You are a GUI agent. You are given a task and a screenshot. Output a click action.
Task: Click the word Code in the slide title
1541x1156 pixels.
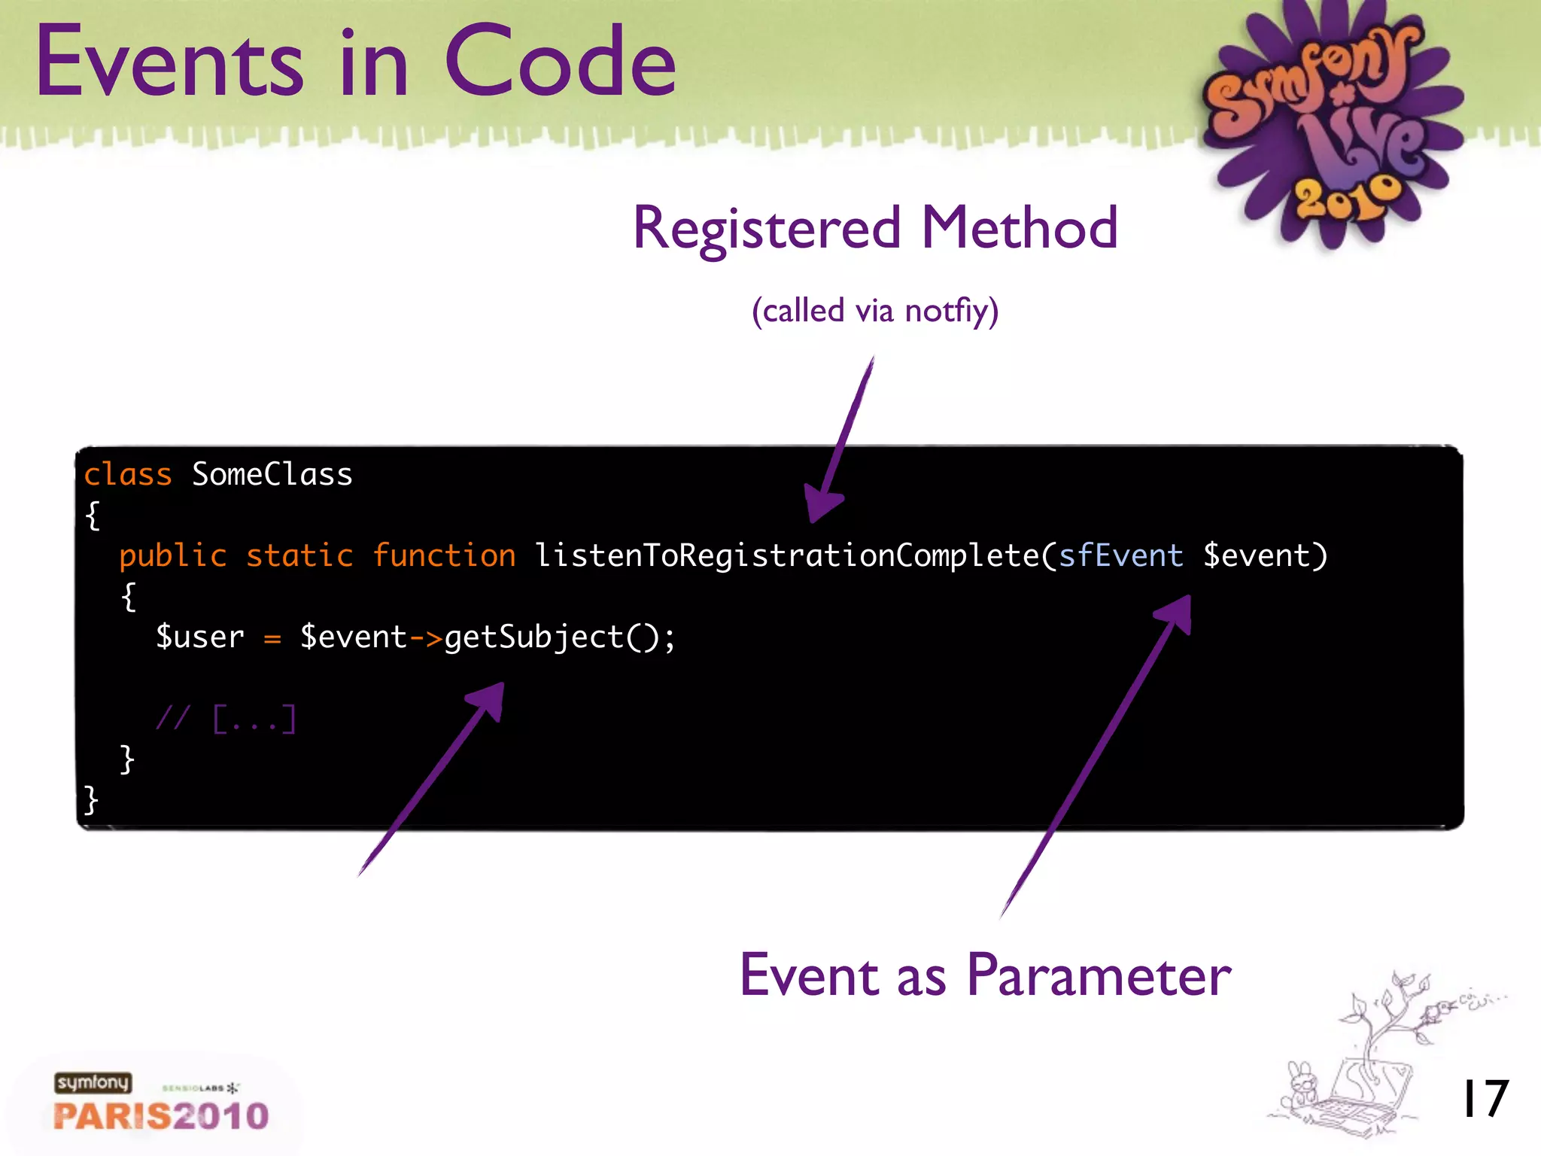[x=561, y=62]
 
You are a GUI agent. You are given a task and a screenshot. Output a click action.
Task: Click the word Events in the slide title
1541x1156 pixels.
[x=169, y=62]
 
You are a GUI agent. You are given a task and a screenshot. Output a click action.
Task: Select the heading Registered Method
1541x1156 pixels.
[x=875, y=228]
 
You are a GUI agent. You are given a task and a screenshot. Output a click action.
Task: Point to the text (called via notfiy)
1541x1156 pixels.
[x=875, y=311]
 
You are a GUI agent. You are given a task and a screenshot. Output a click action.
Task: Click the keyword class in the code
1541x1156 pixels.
[x=128, y=475]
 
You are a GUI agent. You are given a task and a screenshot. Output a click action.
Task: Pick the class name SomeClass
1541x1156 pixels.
[x=272, y=475]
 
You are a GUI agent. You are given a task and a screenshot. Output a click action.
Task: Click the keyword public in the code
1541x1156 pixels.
[x=173, y=556]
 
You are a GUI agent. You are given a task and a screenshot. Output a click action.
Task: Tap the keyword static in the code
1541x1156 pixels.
[x=299, y=556]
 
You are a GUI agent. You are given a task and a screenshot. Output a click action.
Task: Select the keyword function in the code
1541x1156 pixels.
[x=444, y=556]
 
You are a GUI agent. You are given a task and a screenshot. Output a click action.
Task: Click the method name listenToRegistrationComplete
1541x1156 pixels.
[x=786, y=556]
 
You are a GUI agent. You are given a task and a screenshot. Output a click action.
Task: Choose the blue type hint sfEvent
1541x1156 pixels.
[x=1121, y=556]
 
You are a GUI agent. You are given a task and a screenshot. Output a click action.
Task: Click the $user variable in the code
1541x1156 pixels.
[x=200, y=637]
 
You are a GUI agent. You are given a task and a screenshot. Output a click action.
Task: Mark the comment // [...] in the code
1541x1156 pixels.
[x=226, y=719]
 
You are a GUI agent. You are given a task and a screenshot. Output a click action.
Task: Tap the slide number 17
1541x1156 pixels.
[x=1484, y=1099]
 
